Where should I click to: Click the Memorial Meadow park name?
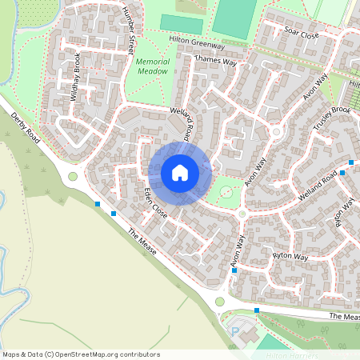pos(152,66)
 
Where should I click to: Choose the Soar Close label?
pos(302,34)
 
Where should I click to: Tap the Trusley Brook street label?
pos(333,115)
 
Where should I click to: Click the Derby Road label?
pos(26,127)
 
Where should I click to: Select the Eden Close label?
pos(155,204)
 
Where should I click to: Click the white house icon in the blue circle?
pos(180,173)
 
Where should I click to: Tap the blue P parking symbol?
pos(235,330)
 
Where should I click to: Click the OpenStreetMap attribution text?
pos(80,354)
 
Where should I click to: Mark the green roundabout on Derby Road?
pos(73,177)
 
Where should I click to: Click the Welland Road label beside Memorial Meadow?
pos(182,119)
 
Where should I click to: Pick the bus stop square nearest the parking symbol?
pos(257,310)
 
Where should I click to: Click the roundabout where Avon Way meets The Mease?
pos(220,302)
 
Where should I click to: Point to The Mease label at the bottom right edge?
pos(345,318)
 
